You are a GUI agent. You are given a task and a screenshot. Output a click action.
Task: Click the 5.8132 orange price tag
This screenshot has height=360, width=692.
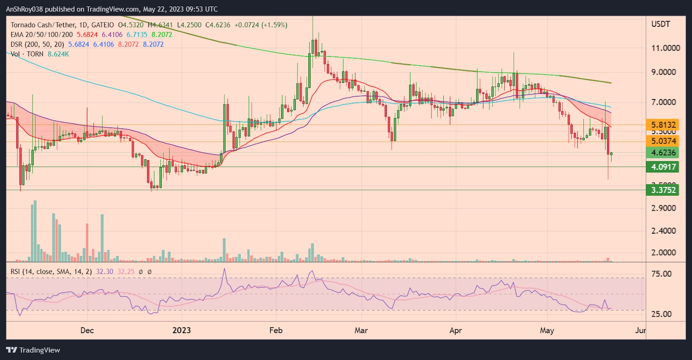pos(663,125)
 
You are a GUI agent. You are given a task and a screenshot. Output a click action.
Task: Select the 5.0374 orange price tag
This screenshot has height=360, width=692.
pos(663,141)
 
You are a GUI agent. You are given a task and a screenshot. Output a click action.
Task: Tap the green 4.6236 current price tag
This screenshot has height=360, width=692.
pos(663,153)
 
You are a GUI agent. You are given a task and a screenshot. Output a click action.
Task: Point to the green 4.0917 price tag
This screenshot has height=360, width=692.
pos(663,167)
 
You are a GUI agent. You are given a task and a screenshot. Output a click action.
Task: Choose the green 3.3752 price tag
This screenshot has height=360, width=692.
pos(663,190)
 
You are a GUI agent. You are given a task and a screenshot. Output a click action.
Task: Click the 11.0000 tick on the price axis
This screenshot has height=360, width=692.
pos(665,48)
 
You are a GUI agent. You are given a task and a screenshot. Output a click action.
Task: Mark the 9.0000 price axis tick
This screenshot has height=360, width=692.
pos(663,72)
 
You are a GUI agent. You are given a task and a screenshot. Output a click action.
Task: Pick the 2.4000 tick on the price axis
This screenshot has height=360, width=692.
pos(663,231)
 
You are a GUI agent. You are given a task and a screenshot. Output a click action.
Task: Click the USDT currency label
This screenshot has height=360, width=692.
pos(660,24)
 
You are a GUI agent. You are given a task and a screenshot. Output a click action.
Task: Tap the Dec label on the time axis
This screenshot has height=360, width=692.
pos(87,331)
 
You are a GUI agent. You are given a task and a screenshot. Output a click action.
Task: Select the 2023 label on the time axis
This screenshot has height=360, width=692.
pos(181,331)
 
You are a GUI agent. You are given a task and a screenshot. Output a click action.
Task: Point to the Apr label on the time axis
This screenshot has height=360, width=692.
pos(455,331)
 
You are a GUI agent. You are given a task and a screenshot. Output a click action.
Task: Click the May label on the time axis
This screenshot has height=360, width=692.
pos(547,331)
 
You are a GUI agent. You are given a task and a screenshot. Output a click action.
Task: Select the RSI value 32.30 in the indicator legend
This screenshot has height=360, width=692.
pos(105,272)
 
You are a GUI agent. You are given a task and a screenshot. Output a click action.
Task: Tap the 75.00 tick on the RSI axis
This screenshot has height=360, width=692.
pos(661,274)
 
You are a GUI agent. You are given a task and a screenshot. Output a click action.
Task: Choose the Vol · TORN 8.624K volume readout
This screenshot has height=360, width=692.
pos(40,54)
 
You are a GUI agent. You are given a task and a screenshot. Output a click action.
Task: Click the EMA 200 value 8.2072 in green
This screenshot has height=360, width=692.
pos(162,35)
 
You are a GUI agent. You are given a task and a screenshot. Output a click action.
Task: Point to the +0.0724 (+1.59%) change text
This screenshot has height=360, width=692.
pos(261,25)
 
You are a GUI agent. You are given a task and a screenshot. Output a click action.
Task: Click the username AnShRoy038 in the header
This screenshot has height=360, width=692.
pos(24,9)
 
